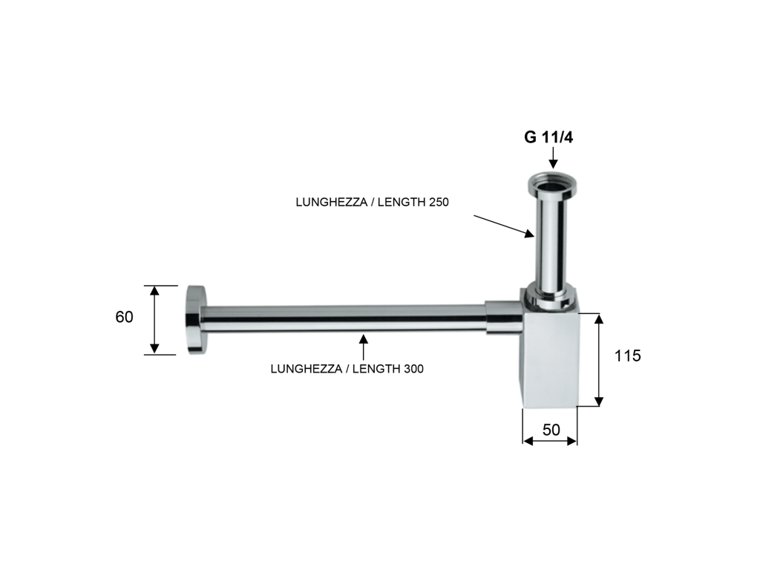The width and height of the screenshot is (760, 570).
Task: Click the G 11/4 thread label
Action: tap(548, 137)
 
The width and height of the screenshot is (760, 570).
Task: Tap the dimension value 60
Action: tap(124, 317)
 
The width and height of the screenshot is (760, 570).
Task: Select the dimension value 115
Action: tap(628, 356)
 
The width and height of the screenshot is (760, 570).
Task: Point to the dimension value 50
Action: tap(551, 430)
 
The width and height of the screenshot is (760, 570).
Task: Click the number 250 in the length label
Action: tap(438, 202)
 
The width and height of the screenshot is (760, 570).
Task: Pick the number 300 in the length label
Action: tap(413, 369)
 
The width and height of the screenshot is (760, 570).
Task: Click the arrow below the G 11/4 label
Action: tap(553, 158)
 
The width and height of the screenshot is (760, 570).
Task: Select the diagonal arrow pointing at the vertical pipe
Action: tap(504, 226)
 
